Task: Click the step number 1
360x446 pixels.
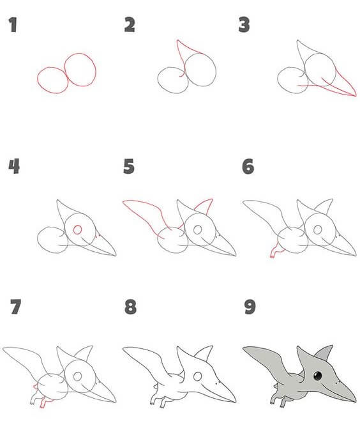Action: (13, 25)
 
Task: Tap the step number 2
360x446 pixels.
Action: (130, 24)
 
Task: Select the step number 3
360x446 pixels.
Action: (244, 24)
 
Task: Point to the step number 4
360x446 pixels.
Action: (14, 166)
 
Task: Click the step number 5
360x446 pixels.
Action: (129, 166)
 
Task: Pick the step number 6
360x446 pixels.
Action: (248, 166)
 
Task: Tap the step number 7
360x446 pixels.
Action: (16, 307)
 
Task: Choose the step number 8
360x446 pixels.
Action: (130, 307)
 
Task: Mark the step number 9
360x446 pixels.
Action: (250, 307)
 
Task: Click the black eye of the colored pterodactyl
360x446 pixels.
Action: (317, 376)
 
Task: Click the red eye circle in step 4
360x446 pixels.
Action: (77, 229)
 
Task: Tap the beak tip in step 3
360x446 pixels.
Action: (355, 96)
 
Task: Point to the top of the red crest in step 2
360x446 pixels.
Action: (177, 40)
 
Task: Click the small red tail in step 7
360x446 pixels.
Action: (35, 387)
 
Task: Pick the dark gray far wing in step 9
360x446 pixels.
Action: (324, 352)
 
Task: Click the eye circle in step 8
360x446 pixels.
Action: (197, 376)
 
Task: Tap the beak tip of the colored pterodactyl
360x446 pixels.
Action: (355, 401)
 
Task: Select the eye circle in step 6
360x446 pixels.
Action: (317, 229)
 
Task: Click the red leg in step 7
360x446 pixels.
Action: (44, 403)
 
